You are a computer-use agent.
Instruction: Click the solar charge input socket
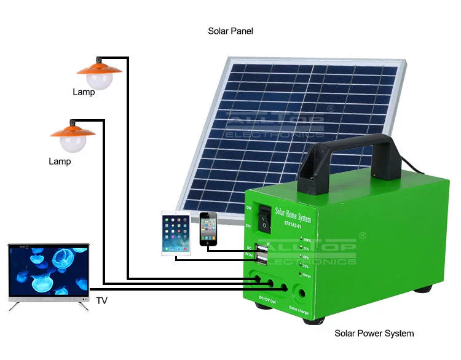pos(301,293)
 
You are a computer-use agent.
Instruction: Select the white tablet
pos(176,233)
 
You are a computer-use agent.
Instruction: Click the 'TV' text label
pos(101,301)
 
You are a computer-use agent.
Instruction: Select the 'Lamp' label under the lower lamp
pos(60,162)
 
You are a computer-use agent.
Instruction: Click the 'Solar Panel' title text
pos(230,31)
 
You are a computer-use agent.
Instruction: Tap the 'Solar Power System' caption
pos(374,334)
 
